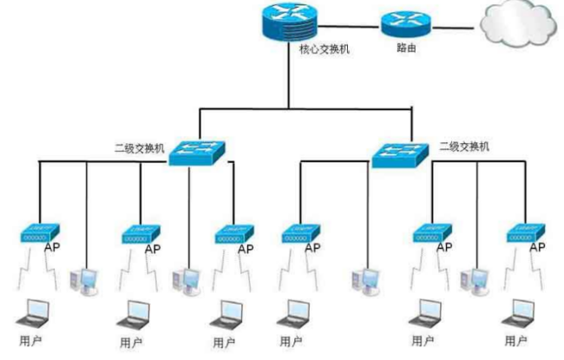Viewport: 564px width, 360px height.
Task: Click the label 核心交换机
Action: (318, 49)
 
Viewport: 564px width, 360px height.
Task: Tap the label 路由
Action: (406, 49)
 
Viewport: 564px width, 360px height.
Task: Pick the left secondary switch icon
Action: (196, 151)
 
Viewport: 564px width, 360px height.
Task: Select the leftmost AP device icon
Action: (39, 232)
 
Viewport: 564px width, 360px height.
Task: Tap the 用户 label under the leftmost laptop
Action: (30, 339)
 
